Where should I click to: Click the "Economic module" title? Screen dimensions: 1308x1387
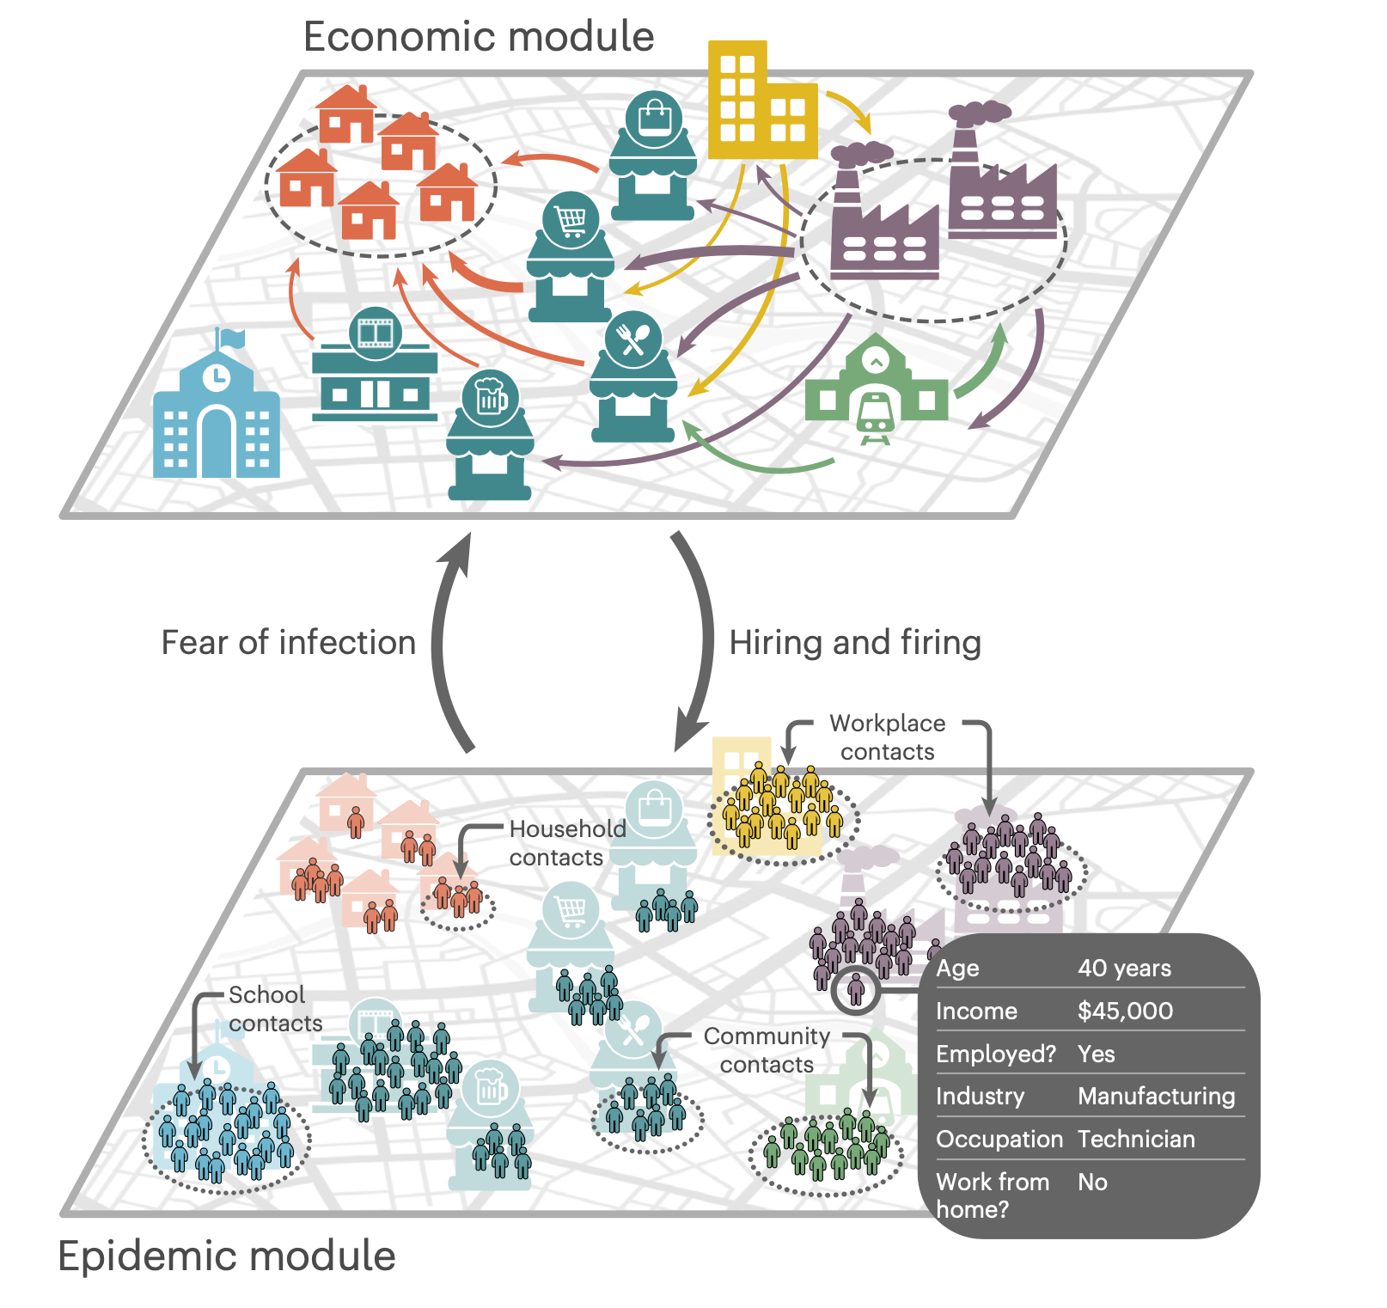point(479,37)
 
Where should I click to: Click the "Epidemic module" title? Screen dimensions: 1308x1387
point(227,1256)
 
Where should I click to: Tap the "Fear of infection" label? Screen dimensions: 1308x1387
point(289,643)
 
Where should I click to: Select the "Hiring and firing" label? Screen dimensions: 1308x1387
point(855,643)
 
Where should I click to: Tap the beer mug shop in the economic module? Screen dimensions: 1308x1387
point(490,438)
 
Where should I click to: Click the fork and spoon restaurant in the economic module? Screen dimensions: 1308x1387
point(633,378)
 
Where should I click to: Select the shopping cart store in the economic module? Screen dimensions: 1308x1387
point(571,258)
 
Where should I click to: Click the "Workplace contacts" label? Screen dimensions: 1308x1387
point(887,737)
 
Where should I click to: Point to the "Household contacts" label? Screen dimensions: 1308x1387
point(567,843)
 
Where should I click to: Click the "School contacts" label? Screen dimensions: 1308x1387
point(274,1009)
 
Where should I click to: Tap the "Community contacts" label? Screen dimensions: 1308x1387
point(767,1050)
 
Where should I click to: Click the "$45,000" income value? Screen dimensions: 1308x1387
point(1125,1011)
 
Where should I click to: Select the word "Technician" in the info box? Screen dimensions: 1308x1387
point(1136,1140)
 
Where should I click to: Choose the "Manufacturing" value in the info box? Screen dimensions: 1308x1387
point(1156,1097)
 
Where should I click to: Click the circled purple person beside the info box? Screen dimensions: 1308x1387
point(855,990)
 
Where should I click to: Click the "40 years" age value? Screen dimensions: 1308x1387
point(1124,969)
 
